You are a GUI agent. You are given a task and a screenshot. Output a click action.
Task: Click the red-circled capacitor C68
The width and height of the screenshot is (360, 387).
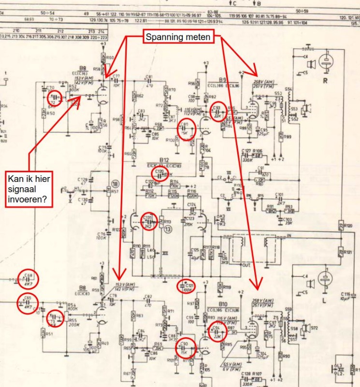point(29,278)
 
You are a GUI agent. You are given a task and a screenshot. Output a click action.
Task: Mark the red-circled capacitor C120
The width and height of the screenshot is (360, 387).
point(161,174)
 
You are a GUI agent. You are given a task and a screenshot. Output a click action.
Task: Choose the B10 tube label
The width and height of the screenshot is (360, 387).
point(223,303)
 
